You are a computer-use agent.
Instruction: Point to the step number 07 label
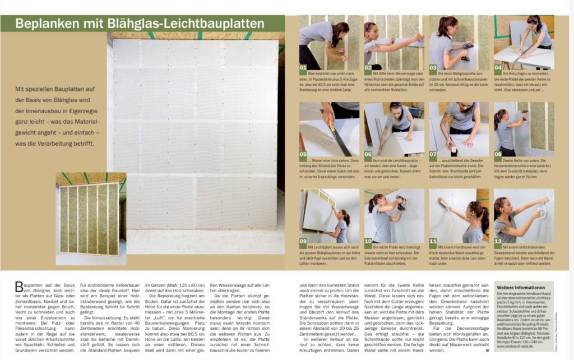(434, 153)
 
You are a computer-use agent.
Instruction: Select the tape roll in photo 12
(541, 213)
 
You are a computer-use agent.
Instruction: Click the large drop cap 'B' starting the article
(20, 288)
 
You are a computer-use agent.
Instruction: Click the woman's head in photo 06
(396, 109)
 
